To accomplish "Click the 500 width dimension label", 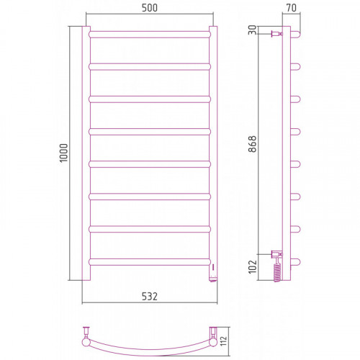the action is point(150,8).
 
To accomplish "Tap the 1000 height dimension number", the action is point(64,153).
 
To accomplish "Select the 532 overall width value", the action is point(150,297).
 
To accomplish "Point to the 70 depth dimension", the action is point(292,8).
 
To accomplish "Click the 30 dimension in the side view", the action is point(252,30).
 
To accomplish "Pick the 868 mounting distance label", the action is point(252,144).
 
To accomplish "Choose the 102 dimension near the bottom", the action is point(252,266).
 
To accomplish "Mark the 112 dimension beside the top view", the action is point(223,341).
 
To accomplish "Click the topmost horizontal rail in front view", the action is point(150,35).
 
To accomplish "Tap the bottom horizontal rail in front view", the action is point(150,261).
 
